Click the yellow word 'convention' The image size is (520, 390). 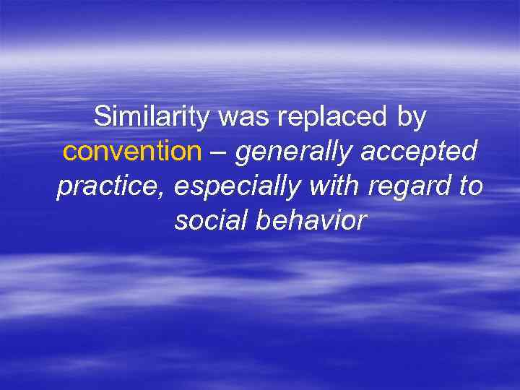(x=131, y=152)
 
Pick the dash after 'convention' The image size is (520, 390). (x=218, y=153)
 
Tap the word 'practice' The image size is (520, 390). (x=112, y=187)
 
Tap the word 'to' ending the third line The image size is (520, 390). (x=470, y=186)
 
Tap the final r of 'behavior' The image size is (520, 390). (x=363, y=222)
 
